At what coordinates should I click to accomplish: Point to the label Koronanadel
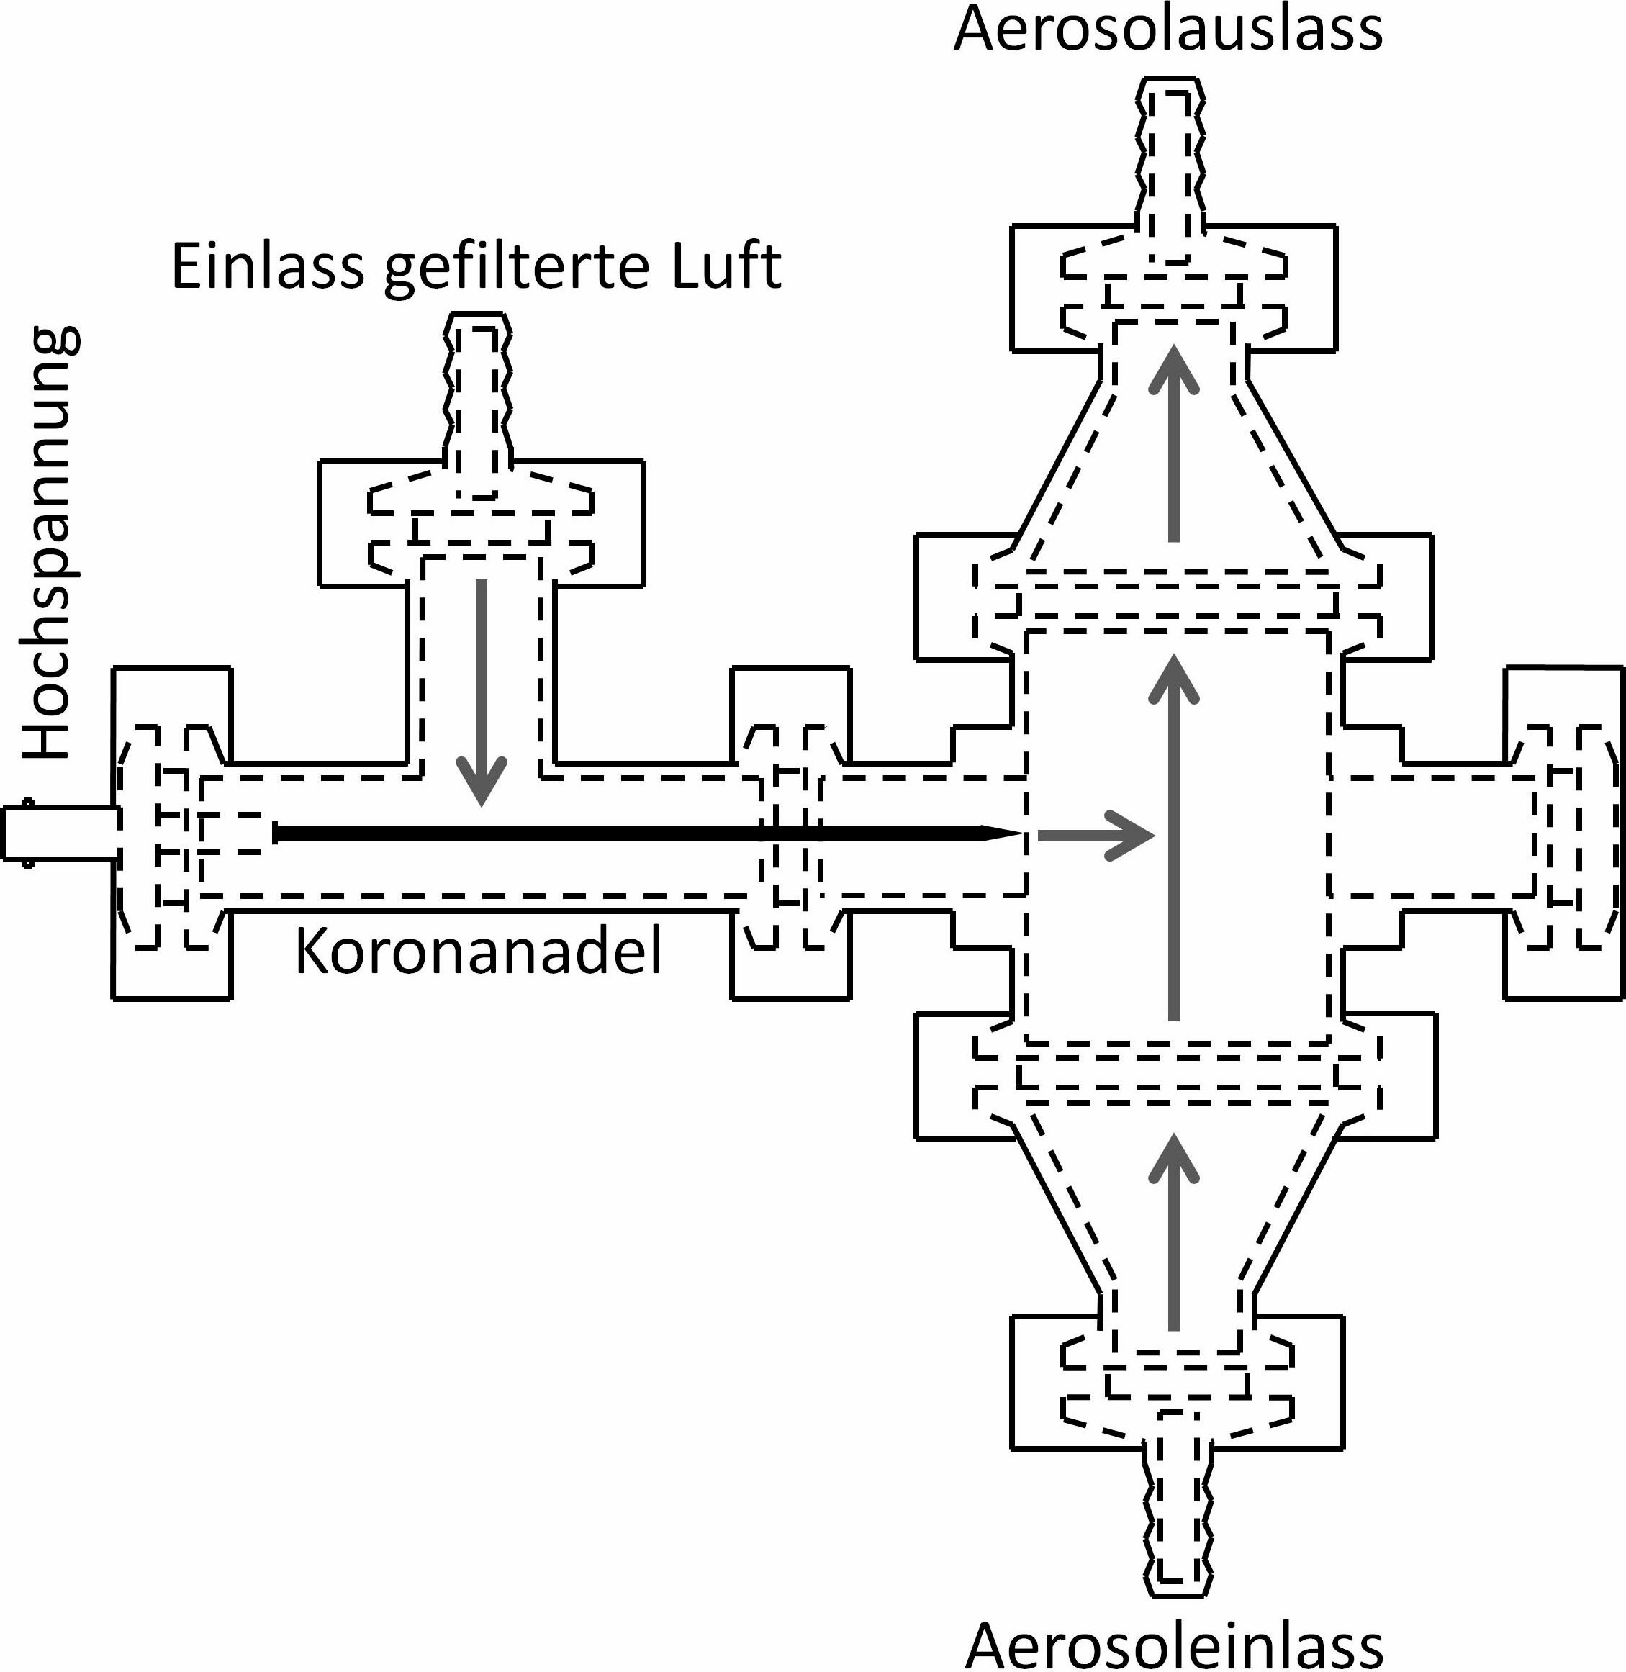[478, 952]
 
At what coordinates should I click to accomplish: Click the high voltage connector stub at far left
[58, 833]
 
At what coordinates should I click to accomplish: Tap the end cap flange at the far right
[1565, 833]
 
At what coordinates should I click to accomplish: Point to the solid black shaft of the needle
[598, 833]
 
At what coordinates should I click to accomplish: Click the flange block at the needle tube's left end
[171, 833]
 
